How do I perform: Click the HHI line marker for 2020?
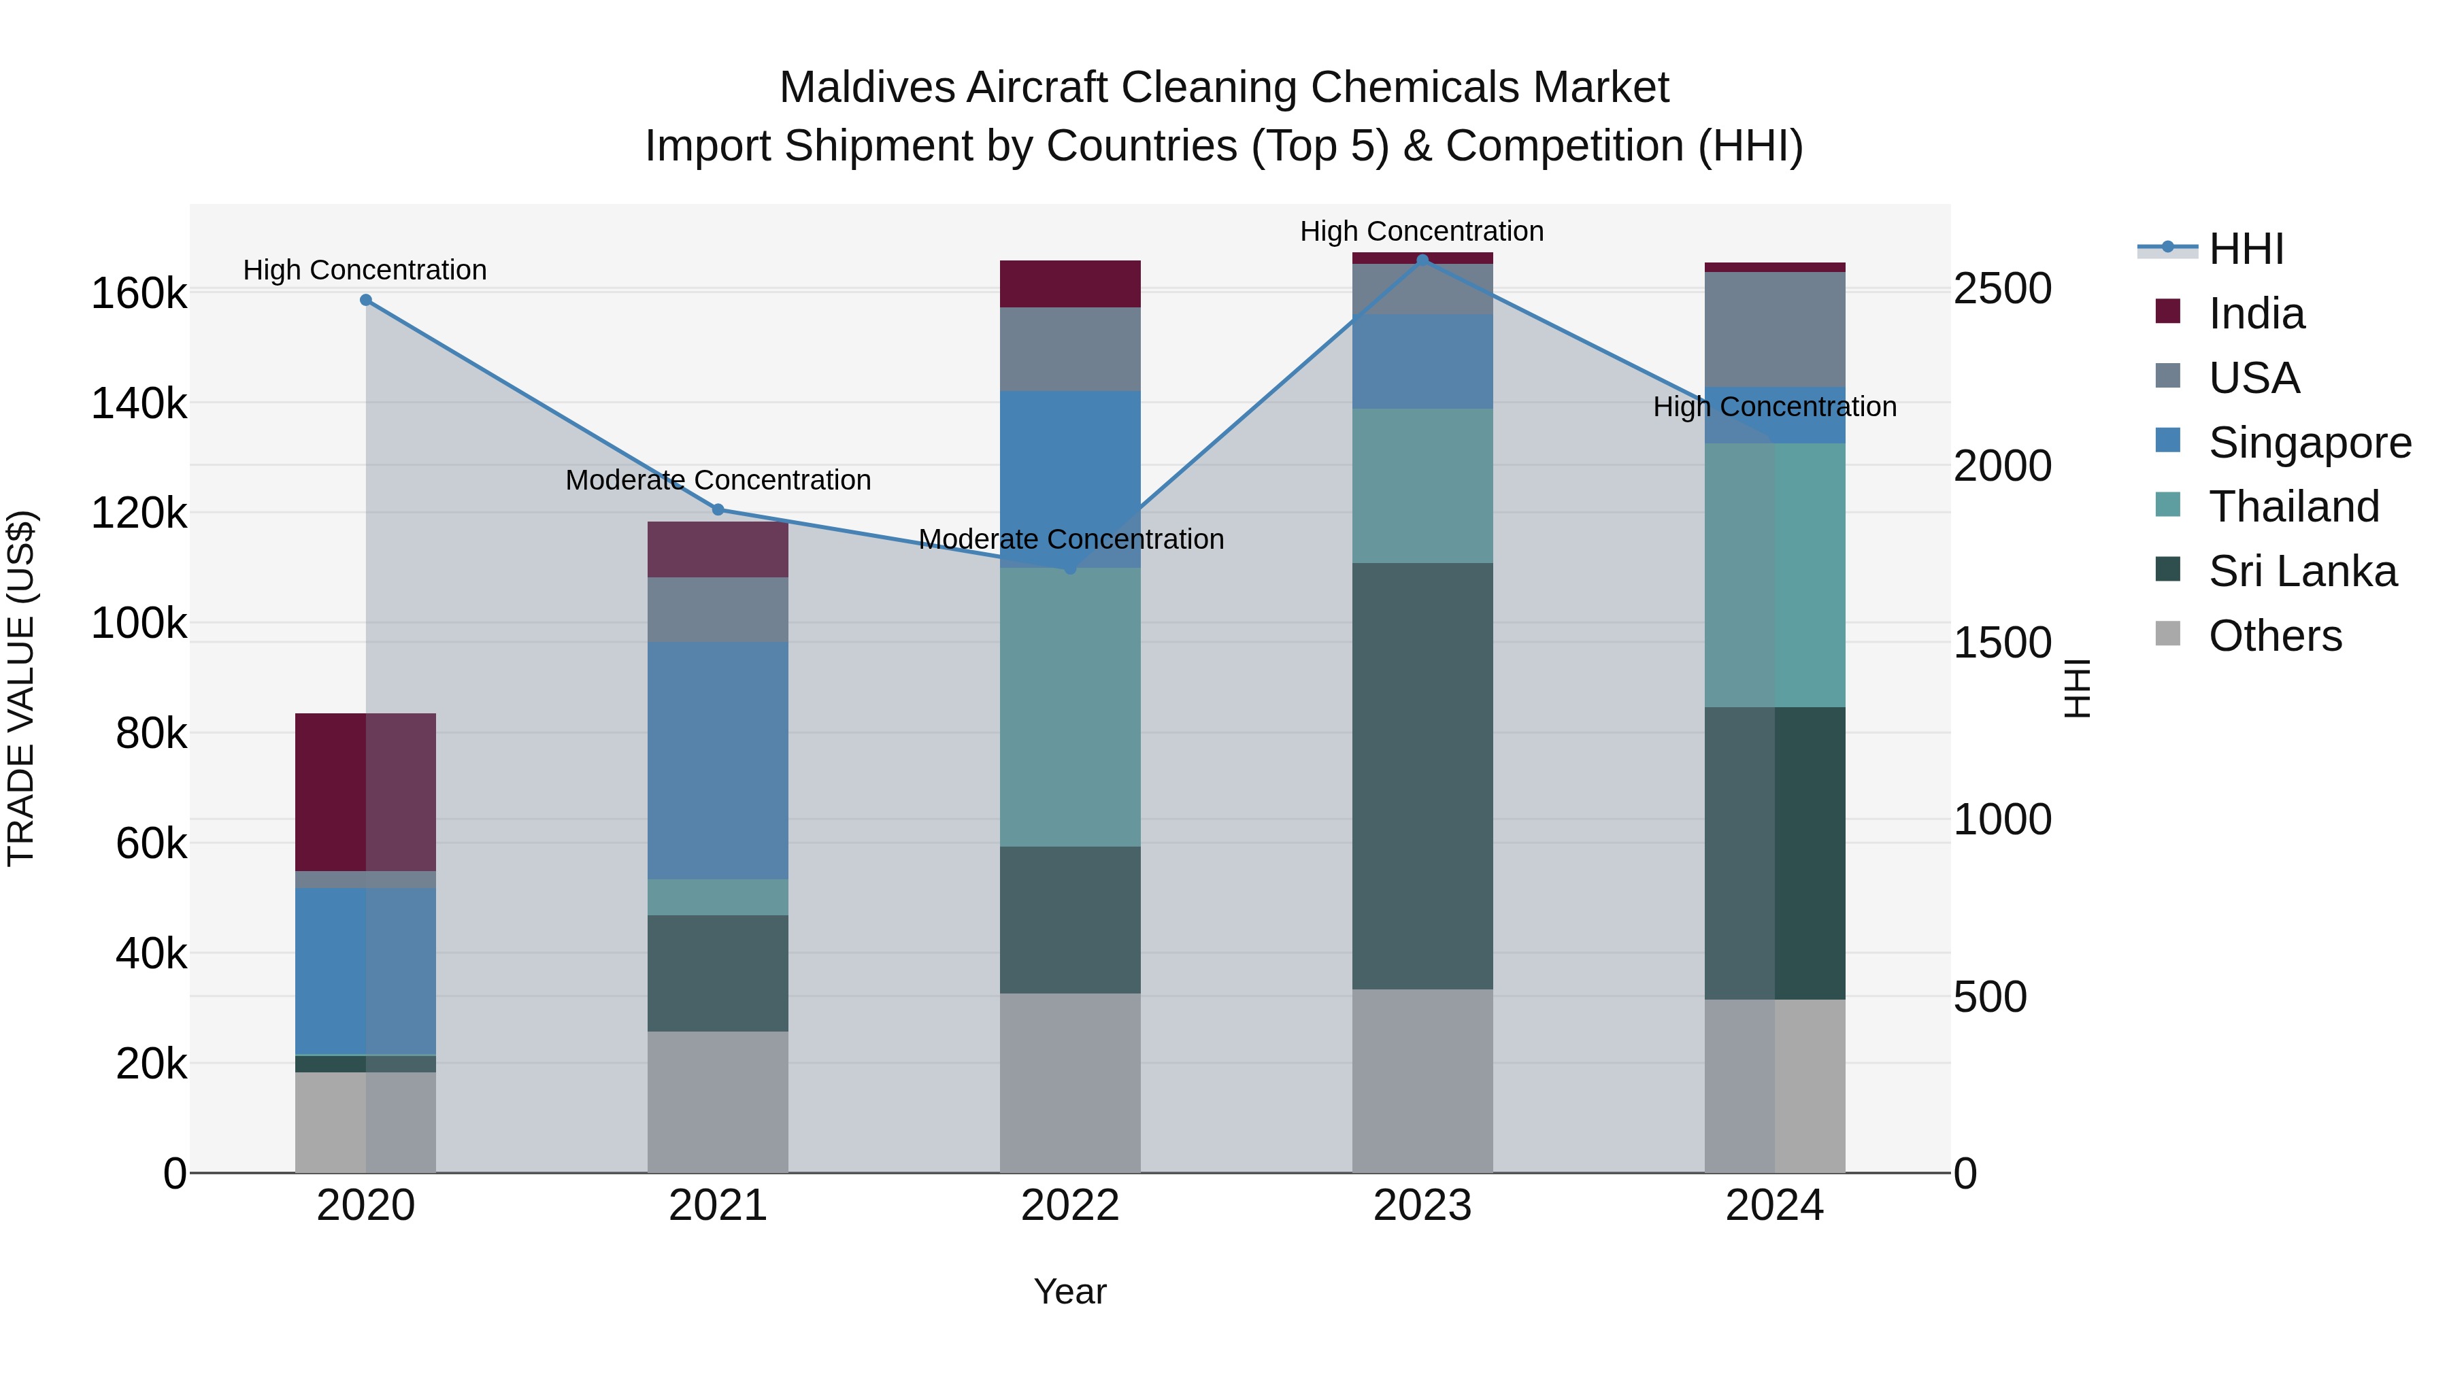[x=366, y=301]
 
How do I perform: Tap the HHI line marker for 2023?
[x=1422, y=260]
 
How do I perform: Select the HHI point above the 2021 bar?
[x=718, y=510]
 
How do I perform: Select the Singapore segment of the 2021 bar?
[x=718, y=760]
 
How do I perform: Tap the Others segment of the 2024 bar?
[x=1774, y=1085]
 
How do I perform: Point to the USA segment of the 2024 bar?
[x=1774, y=329]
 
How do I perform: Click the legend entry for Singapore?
[x=2310, y=443]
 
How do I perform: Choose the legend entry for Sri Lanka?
[x=2301, y=571]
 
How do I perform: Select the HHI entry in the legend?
[x=2246, y=249]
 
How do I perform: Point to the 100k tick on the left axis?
[x=139, y=624]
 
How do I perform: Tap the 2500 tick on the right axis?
[x=2002, y=289]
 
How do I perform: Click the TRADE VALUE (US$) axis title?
[x=21, y=688]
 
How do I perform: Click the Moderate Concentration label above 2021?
[x=718, y=480]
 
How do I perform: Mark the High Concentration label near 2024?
[x=1774, y=407]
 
